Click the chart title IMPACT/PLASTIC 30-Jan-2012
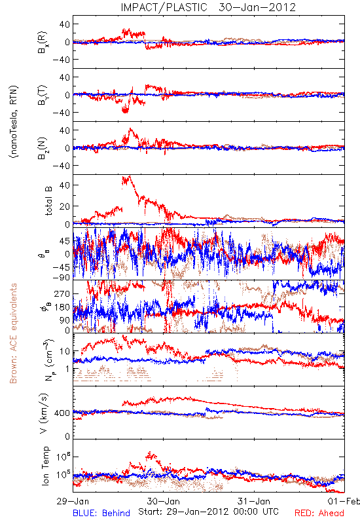coord(208,7)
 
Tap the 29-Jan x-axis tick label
coord(73,501)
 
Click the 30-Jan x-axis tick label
coord(164,501)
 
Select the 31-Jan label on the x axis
coord(254,501)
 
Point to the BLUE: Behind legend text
coord(101,513)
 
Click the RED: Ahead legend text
coord(319,513)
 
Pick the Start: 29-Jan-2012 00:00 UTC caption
coord(208,512)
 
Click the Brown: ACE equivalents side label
coord(13,333)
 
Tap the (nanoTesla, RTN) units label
coord(14,122)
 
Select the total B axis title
coord(48,201)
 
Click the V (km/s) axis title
coord(44,413)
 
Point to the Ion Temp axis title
coord(45,466)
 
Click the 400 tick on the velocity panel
coord(62,413)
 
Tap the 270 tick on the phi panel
coord(62,293)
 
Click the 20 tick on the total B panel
coord(64,206)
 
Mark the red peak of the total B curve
coord(129,176)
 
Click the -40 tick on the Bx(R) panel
coord(61,60)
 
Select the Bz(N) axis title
coord(42,148)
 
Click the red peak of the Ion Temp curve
coord(151,453)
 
